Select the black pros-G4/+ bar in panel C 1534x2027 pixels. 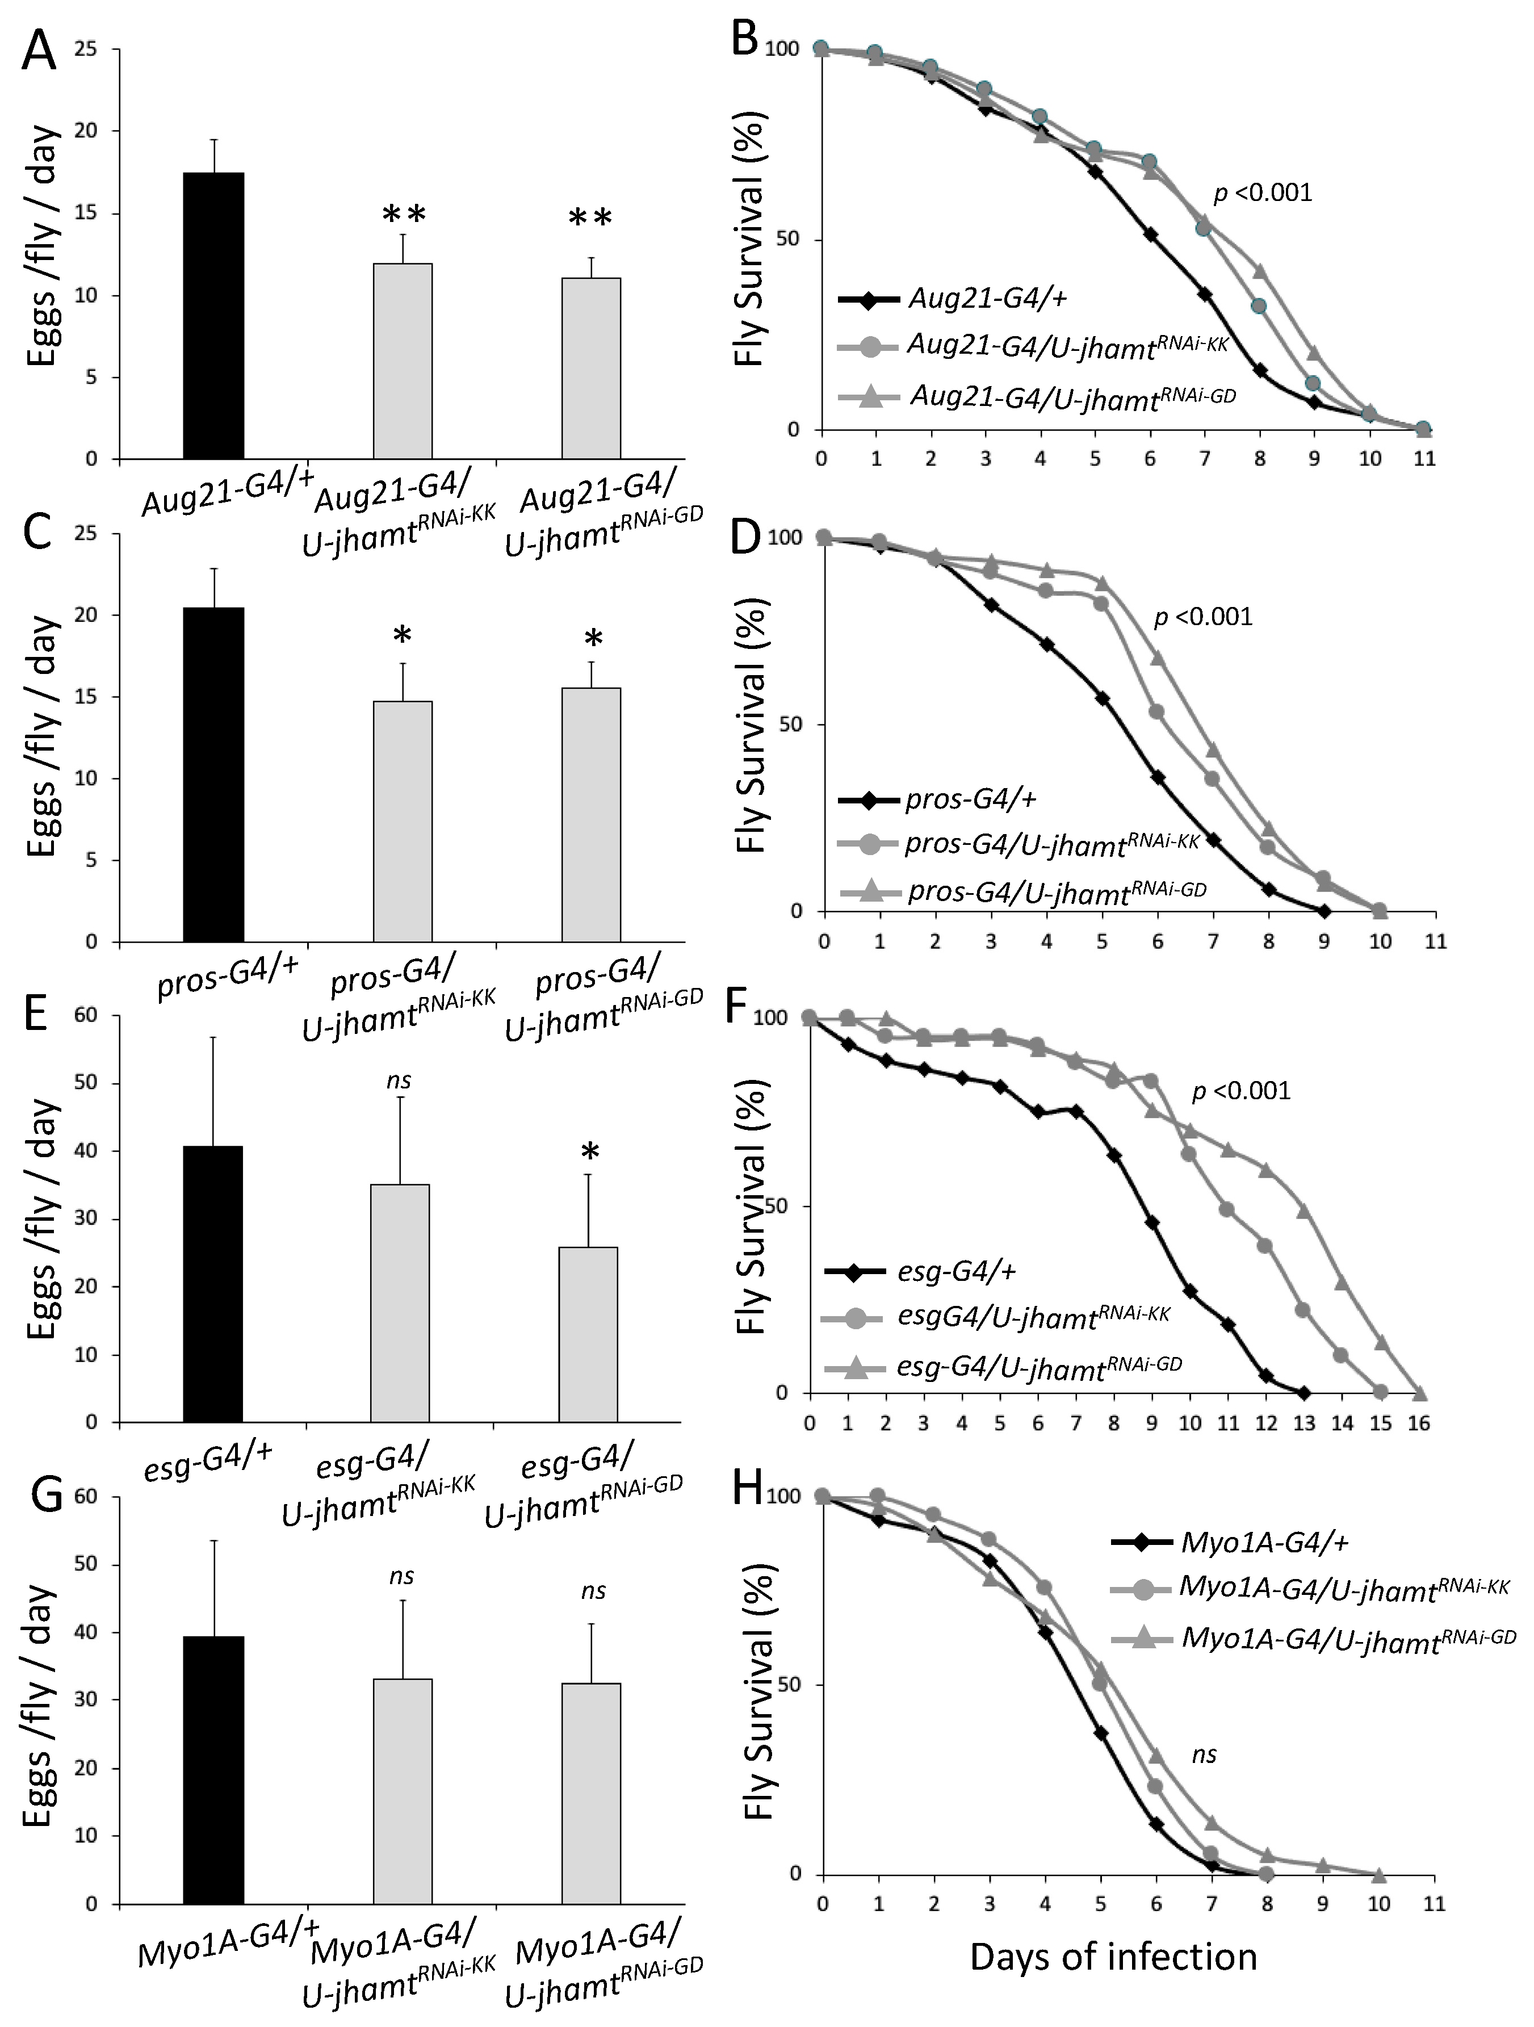tap(213, 774)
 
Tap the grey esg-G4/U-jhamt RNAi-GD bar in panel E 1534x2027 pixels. tap(588, 1334)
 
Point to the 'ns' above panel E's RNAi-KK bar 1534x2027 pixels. tap(399, 1081)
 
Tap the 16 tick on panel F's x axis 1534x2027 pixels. tap(1419, 1423)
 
